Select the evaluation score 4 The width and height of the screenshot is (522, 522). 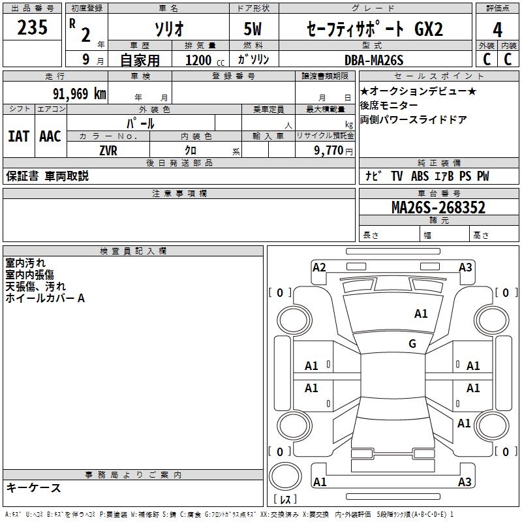point(498,29)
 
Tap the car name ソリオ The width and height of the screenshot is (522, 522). point(168,29)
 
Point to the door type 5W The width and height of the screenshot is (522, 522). point(254,29)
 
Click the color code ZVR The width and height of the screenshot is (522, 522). point(108,150)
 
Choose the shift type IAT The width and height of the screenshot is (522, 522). point(18,136)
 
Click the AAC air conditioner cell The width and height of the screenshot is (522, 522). point(50,136)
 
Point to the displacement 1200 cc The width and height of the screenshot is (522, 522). point(202,61)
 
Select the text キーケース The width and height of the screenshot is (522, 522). point(34,487)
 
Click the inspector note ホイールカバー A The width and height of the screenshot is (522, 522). point(45,298)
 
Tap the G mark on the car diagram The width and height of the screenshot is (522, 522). point(412,344)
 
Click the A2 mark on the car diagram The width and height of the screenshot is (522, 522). point(319,267)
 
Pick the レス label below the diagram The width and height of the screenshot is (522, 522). point(288,500)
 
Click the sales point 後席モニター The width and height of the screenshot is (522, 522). point(390,105)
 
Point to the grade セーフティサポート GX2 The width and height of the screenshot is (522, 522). point(375,29)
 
